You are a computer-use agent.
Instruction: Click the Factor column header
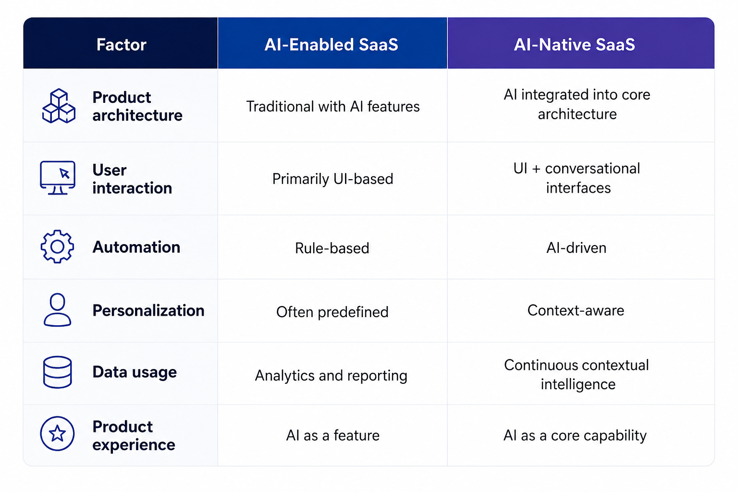pyautogui.click(x=121, y=45)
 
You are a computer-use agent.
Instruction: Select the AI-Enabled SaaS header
pyautogui.click(x=331, y=45)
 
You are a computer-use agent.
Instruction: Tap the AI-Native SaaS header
pyautogui.click(x=574, y=45)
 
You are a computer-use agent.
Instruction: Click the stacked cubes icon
pyautogui.click(x=59, y=106)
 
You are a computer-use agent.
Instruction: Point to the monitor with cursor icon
pyautogui.click(x=58, y=178)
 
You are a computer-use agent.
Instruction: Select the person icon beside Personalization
pyautogui.click(x=57, y=310)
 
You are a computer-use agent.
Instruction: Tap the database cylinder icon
pyautogui.click(x=57, y=372)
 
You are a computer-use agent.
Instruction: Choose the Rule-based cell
pyautogui.click(x=332, y=248)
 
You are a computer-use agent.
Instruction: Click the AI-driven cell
pyautogui.click(x=576, y=248)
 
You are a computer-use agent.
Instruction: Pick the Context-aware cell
pyautogui.click(x=576, y=310)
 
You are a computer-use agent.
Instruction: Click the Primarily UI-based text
pyautogui.click(x=333, y=179)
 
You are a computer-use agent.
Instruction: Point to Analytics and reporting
pyautogui.click(x=331, y=376)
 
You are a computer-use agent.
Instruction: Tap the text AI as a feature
pyautogui.click(x=333, y=435)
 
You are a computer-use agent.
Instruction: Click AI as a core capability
pyautogui.click(x=575, y=436)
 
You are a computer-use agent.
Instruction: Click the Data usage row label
pyautogui.click(x=135, y=372)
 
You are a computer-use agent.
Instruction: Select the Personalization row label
pyautogui.click(x=148, y=310)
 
